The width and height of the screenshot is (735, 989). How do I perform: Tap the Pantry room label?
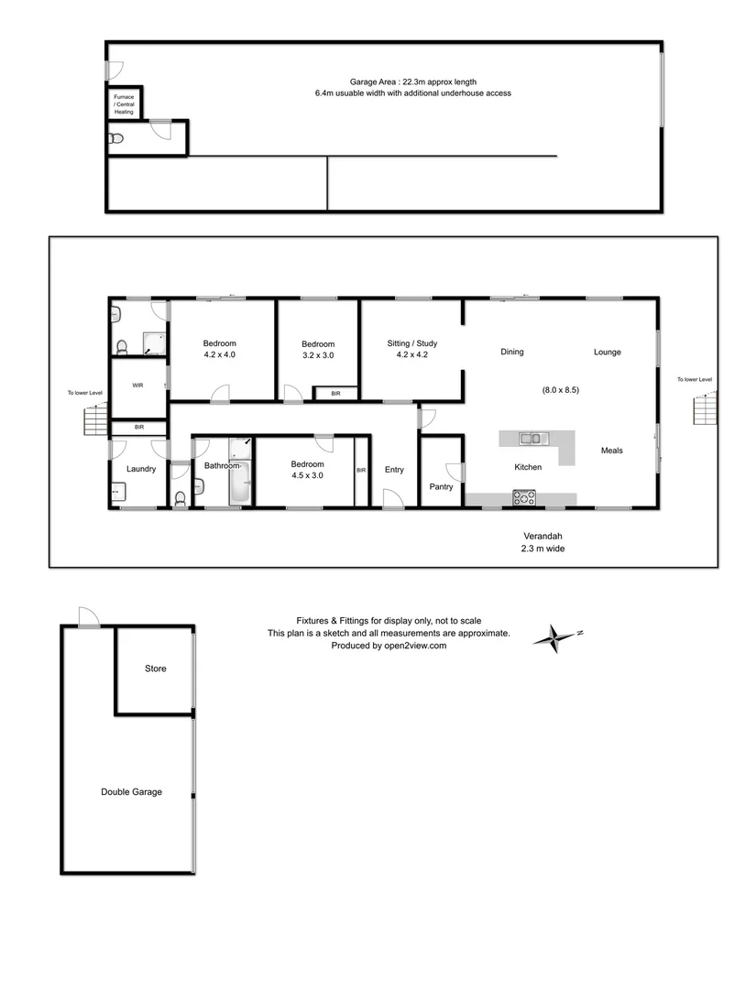click(441, 487)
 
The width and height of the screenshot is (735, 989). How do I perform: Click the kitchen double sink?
click(531, 438)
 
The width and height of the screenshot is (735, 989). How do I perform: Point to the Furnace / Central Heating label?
click(123, 103)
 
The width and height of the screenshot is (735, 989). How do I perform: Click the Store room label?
click(156, 668)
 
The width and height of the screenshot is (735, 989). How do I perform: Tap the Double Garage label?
click(131, 792)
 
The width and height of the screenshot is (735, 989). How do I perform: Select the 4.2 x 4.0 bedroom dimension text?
click(220, 355)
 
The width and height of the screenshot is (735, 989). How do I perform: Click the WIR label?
click(138, 386)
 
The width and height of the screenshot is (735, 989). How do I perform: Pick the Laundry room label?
click(141, 469)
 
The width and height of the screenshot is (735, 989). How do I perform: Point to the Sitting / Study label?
click(412, 343)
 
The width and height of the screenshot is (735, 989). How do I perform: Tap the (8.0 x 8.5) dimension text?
click(561, 389)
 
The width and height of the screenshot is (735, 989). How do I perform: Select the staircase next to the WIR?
click(95, 419)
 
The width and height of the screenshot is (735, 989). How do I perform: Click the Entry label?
click(394, 470)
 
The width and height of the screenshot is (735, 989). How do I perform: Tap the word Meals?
click(612, 450)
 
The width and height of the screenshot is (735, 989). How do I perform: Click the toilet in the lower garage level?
click(115, 139)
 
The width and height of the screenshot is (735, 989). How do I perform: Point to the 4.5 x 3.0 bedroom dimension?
click(305, 475)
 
